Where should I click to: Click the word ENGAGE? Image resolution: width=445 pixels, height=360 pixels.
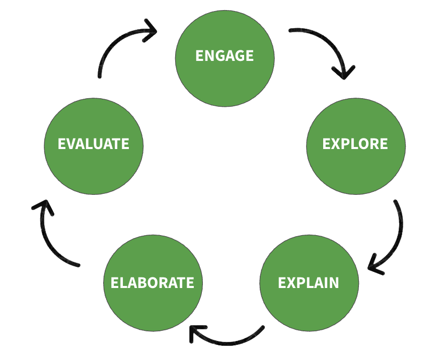pyautogui.click(x=225, y=55)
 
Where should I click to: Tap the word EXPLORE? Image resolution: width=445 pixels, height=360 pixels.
pyautogui.click(x=355, y=144)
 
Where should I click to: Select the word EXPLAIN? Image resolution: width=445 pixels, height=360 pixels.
pyautogui.click(x=308, y=282)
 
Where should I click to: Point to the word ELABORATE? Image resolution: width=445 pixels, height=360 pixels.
pyautogui.click(x=152, y=282)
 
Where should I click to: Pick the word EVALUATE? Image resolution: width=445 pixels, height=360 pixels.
pyautogui.click(x=93, y=144)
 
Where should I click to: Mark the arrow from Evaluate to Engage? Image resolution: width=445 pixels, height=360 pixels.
pyautogui.click(x=116, y=43)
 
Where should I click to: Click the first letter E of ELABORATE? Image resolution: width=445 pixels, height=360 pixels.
pyautogui.click(x=115, y=283)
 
